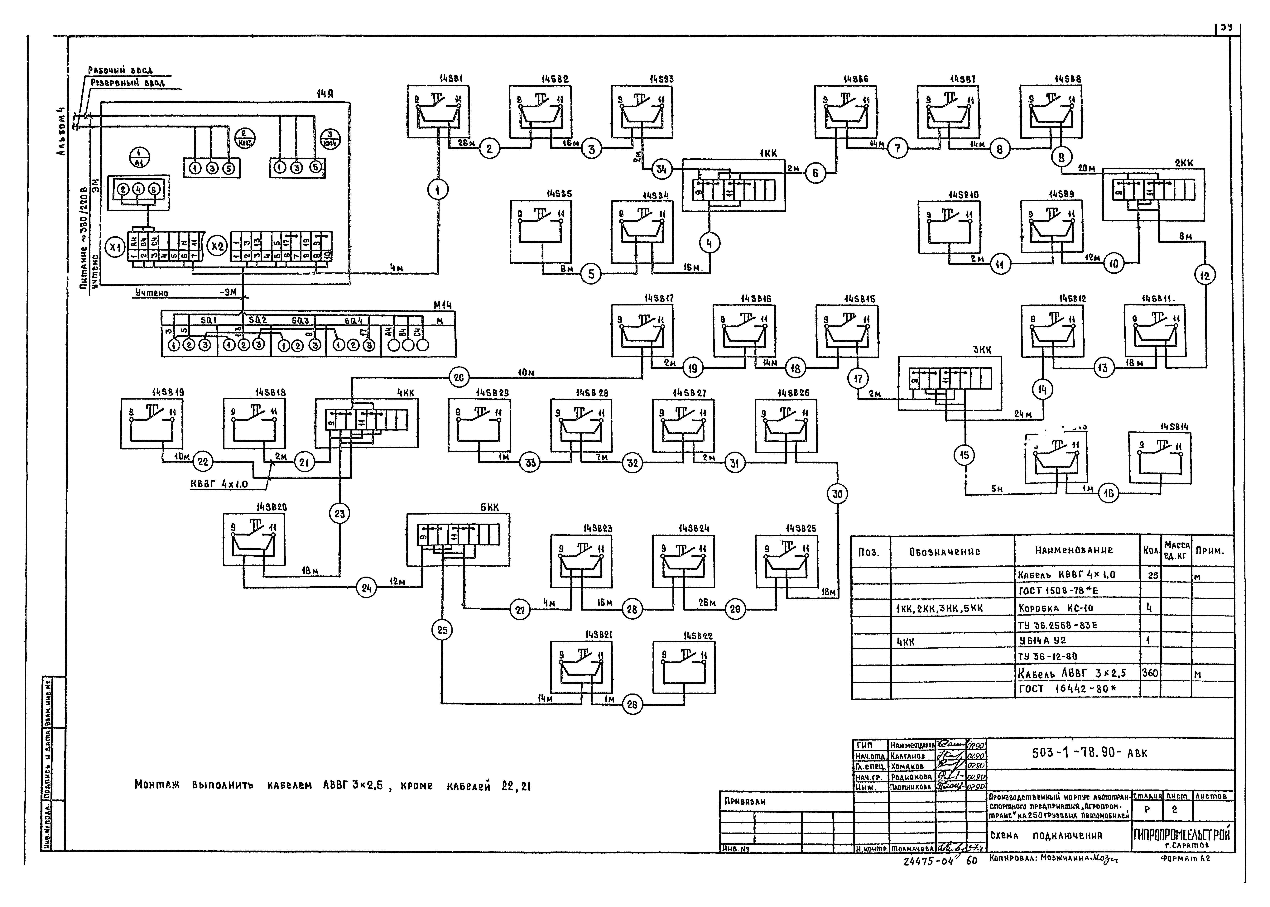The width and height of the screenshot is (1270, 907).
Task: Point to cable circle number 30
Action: (x=837, y=494)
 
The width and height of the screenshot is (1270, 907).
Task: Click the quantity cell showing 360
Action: (x=1150, y=673)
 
